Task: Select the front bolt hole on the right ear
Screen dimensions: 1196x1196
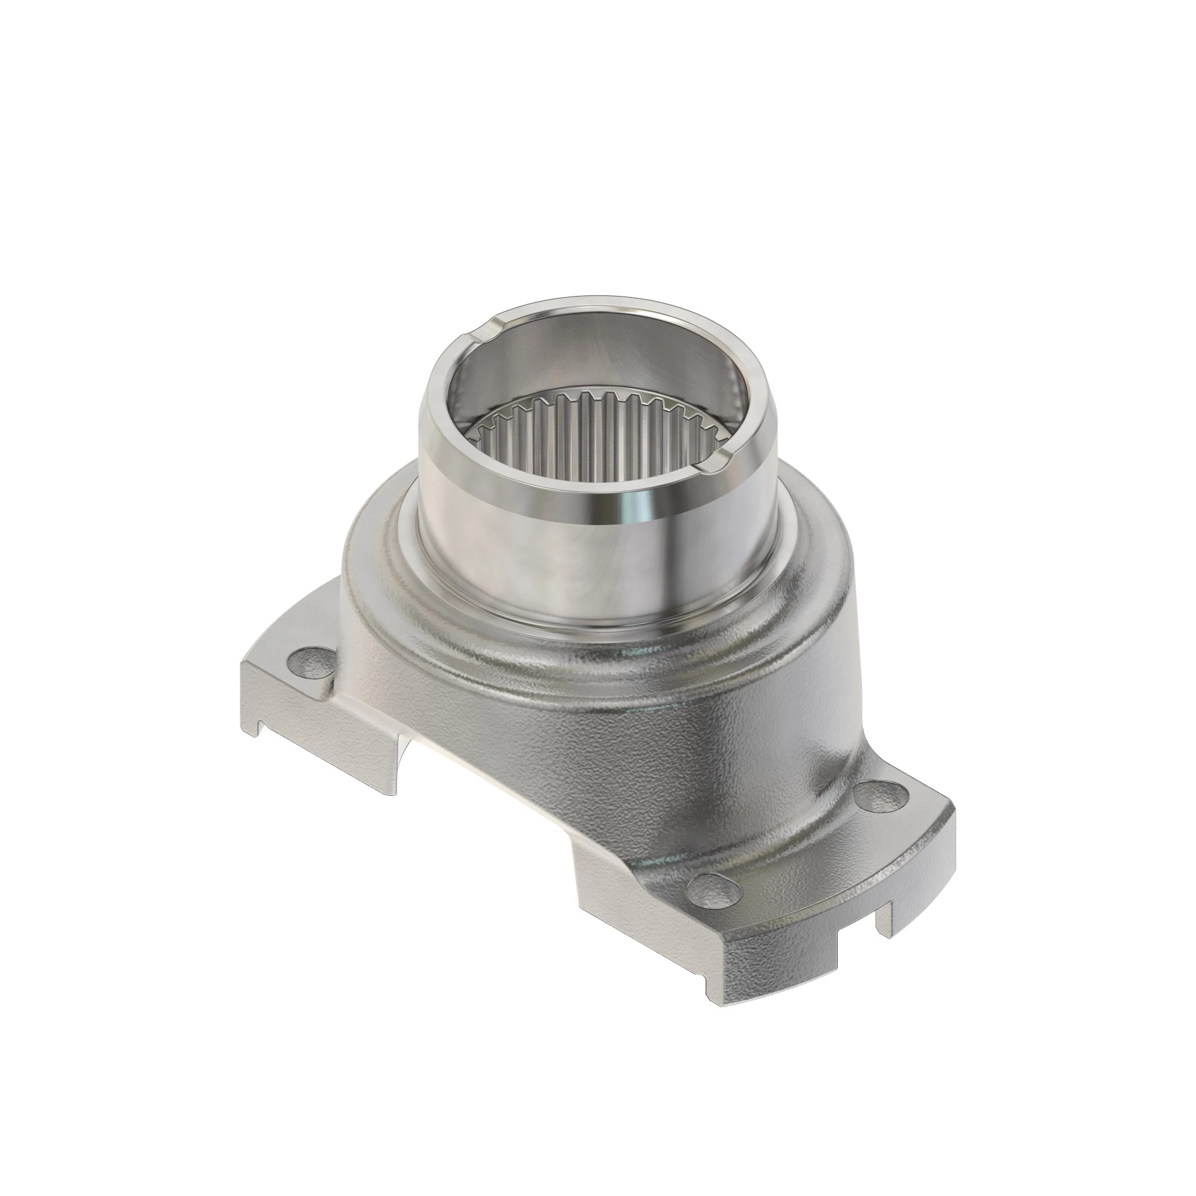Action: click(714, 892)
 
